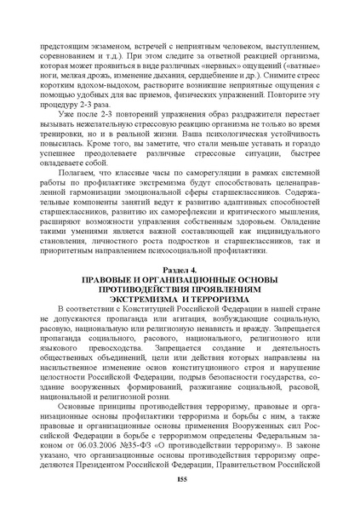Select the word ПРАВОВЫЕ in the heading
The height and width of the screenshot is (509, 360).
(108, 279)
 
